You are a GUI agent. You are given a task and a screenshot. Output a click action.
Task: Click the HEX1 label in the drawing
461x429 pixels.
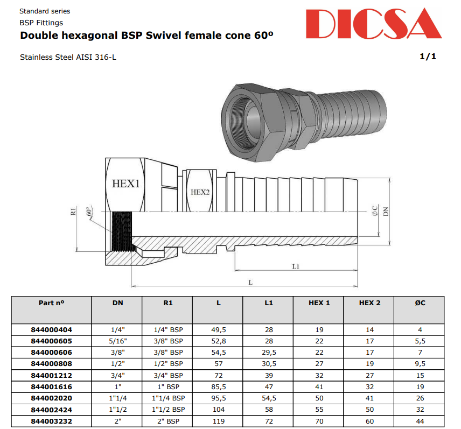click(x=125, y=183)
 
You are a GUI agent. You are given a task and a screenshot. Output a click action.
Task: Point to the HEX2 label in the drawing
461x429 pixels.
click(x=200, y=192)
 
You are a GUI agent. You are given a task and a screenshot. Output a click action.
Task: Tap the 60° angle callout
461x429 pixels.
click(x=89, y=212)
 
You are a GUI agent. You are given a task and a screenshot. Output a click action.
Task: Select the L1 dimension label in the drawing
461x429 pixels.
click(x=296, y=266)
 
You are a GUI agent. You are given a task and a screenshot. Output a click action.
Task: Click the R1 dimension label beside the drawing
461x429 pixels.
click(x=74, y=212)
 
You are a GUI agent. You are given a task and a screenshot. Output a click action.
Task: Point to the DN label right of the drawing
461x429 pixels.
click(x=386, y=212)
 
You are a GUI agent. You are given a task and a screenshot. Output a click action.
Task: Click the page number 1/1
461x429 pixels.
click(x=428, y=57)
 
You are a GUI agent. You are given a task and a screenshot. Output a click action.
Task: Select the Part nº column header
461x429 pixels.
click(x=52, y=303)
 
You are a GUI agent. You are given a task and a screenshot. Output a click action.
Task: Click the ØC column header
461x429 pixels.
click(x=420, y=303)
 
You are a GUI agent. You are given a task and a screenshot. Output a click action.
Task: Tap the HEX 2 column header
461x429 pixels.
click(x=369, y=303)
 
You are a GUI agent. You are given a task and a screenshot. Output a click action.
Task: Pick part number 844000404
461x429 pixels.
click(x=52, y=329)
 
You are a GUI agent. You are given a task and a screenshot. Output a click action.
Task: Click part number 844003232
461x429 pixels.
click(x=52, y=421)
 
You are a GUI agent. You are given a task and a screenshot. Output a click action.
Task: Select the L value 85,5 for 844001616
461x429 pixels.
click(x=219, y=386)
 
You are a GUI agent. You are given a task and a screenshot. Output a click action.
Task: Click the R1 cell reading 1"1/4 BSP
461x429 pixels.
click(x=168, y=398)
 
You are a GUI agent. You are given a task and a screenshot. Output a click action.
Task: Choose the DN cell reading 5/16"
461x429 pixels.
click(x=117, y=341)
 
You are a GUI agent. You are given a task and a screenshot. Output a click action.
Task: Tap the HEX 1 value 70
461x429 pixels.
click(x=319, y=421)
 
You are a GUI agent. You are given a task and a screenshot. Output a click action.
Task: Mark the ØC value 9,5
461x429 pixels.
click(x=420, y=364)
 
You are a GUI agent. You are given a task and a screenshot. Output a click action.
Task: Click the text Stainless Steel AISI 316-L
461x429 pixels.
click(x=68, y=57)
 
